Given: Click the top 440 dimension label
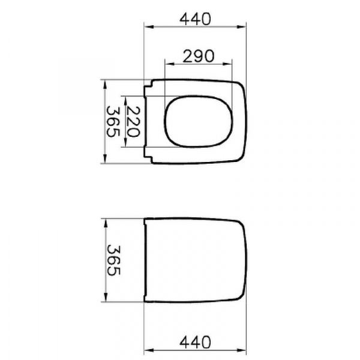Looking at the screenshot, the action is [195, 19].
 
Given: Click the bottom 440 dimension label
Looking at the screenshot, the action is [195, 343].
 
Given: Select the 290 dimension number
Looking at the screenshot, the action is [199, 56].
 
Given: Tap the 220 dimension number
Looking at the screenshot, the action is [133, 122].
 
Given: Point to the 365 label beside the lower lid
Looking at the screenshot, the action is [113, 260].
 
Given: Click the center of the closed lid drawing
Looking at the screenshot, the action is [195, 260].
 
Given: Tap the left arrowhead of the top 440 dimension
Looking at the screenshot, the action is [149, 27].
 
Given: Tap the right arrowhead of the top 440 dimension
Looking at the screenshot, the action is [241, 27].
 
